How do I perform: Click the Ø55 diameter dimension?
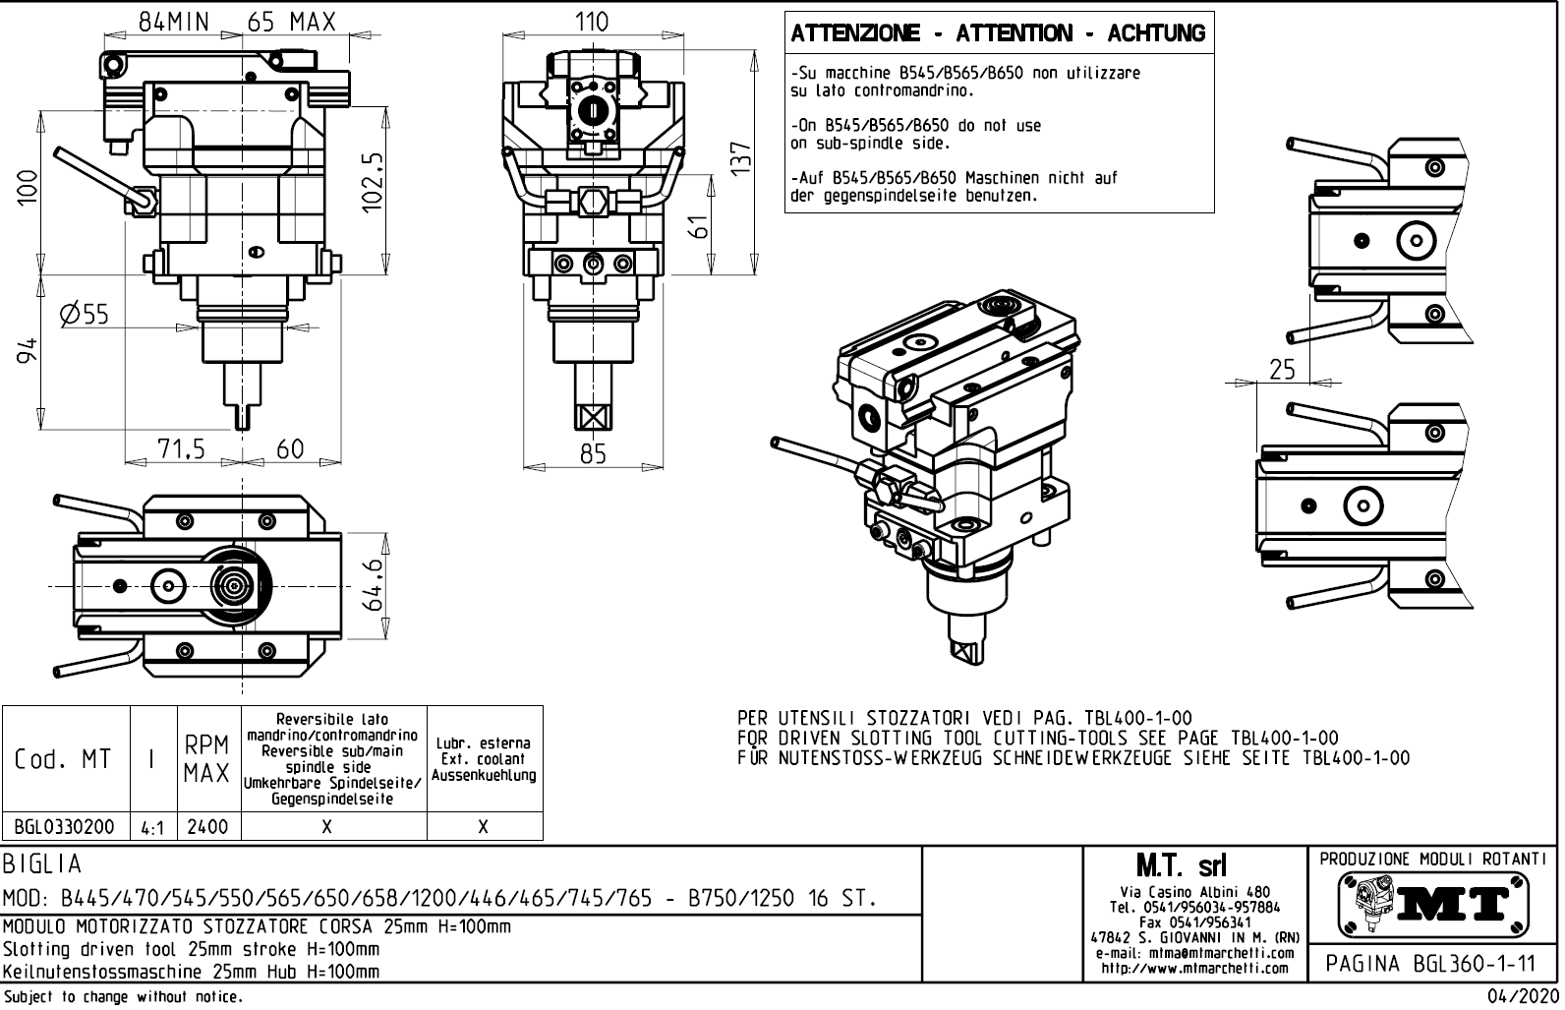(84, 315)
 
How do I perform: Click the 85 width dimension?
(593, 453)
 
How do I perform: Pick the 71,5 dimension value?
(182, 449)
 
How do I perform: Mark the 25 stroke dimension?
(1282, 370)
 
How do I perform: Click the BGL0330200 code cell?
(65, 827)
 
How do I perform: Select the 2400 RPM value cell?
(207, 827)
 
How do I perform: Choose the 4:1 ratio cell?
(152, 828)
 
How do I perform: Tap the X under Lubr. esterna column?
(484, 827)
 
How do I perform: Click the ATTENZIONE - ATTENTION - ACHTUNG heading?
(998, 33)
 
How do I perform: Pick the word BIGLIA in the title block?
(42, 864)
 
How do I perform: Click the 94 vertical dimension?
(29, 351)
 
